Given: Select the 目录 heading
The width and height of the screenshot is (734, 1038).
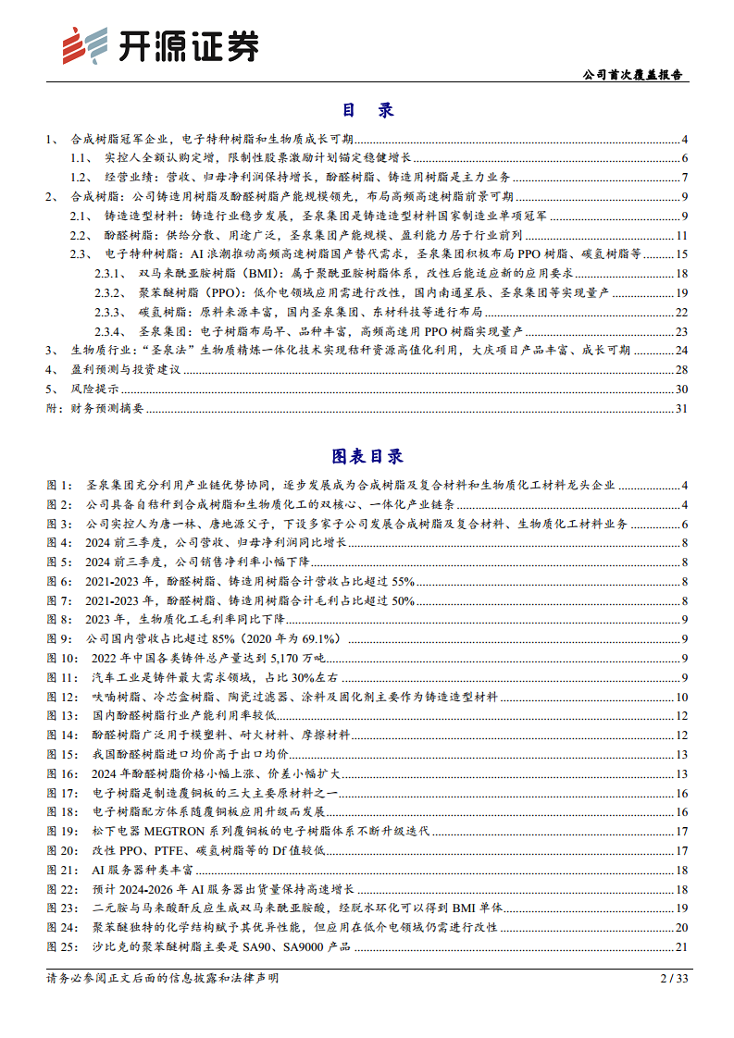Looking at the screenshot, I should click(x=367, y=110).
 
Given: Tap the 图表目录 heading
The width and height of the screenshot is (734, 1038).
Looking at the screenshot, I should click(x=367, y=456).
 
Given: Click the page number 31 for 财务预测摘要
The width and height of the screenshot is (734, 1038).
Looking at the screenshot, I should click(x=681, y=408).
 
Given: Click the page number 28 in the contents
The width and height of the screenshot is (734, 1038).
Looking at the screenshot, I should click(x=681, y=369).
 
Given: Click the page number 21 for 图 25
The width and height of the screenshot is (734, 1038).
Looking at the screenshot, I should click(x=681, y=945).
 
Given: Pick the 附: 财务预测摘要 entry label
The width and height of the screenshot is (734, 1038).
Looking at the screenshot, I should click(x=91, y=408).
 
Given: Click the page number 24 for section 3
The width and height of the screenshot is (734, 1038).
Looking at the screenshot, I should click(x=681, y=350).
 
